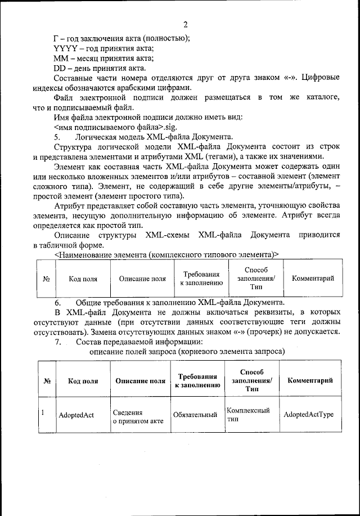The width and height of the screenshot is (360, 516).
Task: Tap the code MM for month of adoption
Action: click(x=61, y=59)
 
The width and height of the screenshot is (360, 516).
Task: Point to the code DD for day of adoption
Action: click(x=60, y=69)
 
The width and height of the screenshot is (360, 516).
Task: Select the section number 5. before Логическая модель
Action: click(x=57, y=137)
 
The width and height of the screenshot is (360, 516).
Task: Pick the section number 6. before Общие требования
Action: click(x=57, y=302)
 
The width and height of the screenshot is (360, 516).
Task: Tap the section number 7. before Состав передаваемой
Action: click(x=57, y=342)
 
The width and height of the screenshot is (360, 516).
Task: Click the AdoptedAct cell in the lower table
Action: click(x=76, y=415)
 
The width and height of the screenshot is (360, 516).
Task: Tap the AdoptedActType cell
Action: click(x=309, y=415)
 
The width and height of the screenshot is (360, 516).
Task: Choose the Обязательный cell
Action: click(x=195, y=415)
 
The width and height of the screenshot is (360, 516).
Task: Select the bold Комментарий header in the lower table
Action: click(x=310, y=380)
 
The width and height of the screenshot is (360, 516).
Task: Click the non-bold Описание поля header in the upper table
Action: click(x=142, y=279)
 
